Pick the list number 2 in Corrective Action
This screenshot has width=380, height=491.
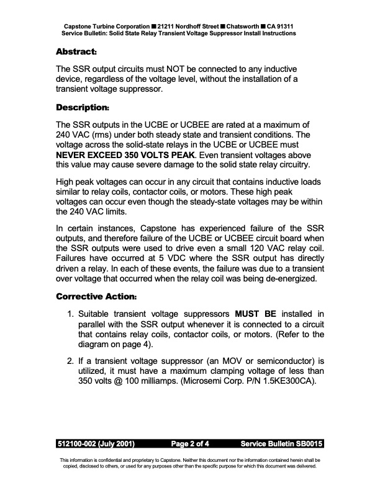(71, 359)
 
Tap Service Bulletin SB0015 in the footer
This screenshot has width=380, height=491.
(281, 444)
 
